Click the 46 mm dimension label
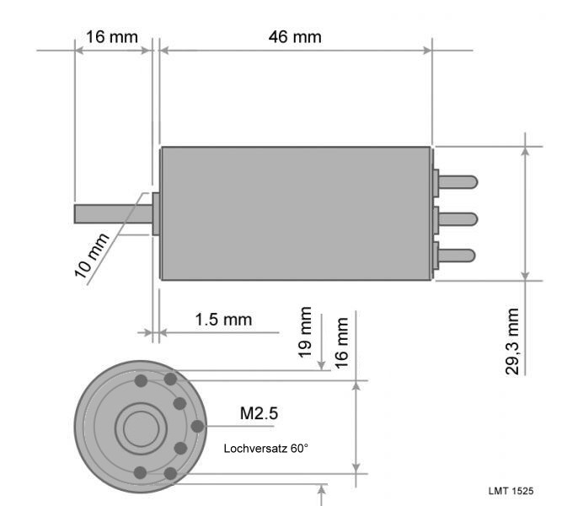[295, 37]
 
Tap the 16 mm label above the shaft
[112, 37]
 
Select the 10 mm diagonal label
[92, 256]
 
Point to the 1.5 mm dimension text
[223, 320]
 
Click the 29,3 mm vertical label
[512, 342]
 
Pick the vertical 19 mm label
[305, 332]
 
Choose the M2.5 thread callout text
[259, 413]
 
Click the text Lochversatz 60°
[265, 449]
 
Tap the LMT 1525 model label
[511, 491]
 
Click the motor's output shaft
[114, 214]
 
